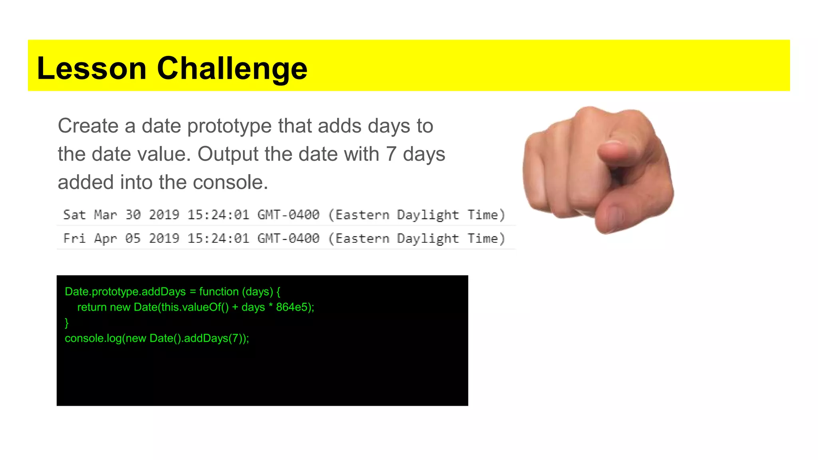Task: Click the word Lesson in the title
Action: click(91, 68)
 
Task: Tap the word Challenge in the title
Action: click(232, 68)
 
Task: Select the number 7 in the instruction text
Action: click(391, 154)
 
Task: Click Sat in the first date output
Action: click(74, 215)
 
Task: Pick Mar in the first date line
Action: click(105, 215)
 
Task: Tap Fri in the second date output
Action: click(74, 238)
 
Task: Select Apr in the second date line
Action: click(105, 238)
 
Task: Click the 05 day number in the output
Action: click(133, 238)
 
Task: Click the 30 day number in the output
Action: click(133, 215)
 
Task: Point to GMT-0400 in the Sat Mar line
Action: click(288, 215)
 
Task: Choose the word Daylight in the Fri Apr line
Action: click(427, 238)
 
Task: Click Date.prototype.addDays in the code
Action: click(125, 291)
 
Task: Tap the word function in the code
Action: click(219, 291)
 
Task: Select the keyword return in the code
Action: click(91, 307)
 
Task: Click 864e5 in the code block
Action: click(292, 307)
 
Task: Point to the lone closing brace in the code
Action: click(67, 323)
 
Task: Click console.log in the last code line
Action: click(93, 338)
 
